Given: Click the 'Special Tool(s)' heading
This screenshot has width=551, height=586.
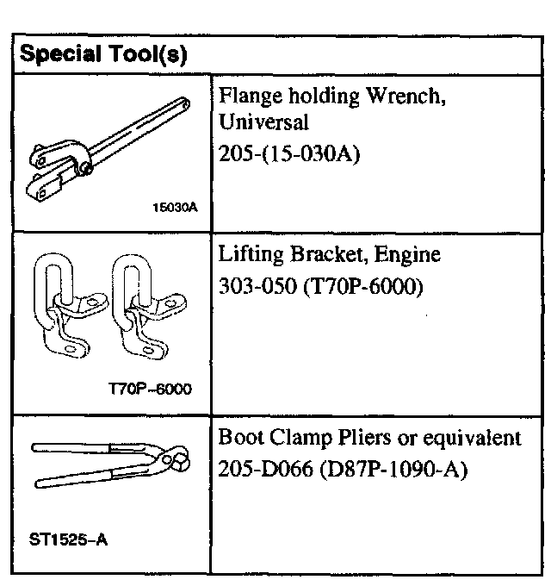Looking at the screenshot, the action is coord(103,53).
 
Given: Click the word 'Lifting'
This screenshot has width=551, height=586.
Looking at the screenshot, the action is coord(246,256).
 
